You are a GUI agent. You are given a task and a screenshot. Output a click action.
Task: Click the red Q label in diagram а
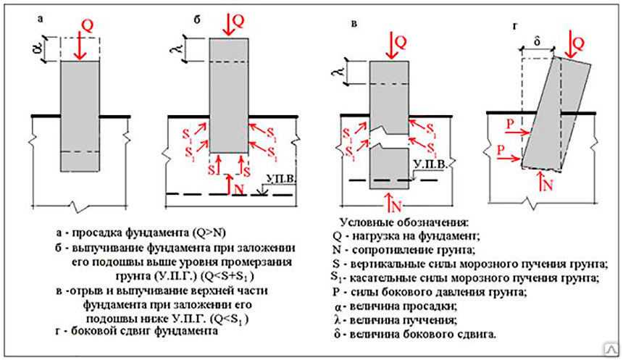point(88,25)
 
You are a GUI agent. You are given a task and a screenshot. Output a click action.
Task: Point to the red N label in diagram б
point(239,189)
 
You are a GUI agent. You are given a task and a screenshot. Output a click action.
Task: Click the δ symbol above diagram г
point(538,42)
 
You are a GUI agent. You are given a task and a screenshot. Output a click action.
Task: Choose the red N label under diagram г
point(548,185)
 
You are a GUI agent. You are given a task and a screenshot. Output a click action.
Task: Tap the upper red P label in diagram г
point(510,125)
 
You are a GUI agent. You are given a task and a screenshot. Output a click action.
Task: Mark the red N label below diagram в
point(396,206)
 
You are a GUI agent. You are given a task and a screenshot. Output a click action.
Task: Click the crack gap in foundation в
point(390,141)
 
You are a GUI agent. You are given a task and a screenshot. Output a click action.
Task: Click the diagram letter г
point(515,27)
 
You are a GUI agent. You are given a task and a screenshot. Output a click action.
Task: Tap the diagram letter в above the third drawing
point(354,24)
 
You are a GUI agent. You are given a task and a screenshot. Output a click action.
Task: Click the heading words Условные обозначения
point(404,222)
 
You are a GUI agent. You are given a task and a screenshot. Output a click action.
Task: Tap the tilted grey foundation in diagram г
point(556,115)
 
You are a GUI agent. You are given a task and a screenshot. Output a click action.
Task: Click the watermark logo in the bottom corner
point(611,349)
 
